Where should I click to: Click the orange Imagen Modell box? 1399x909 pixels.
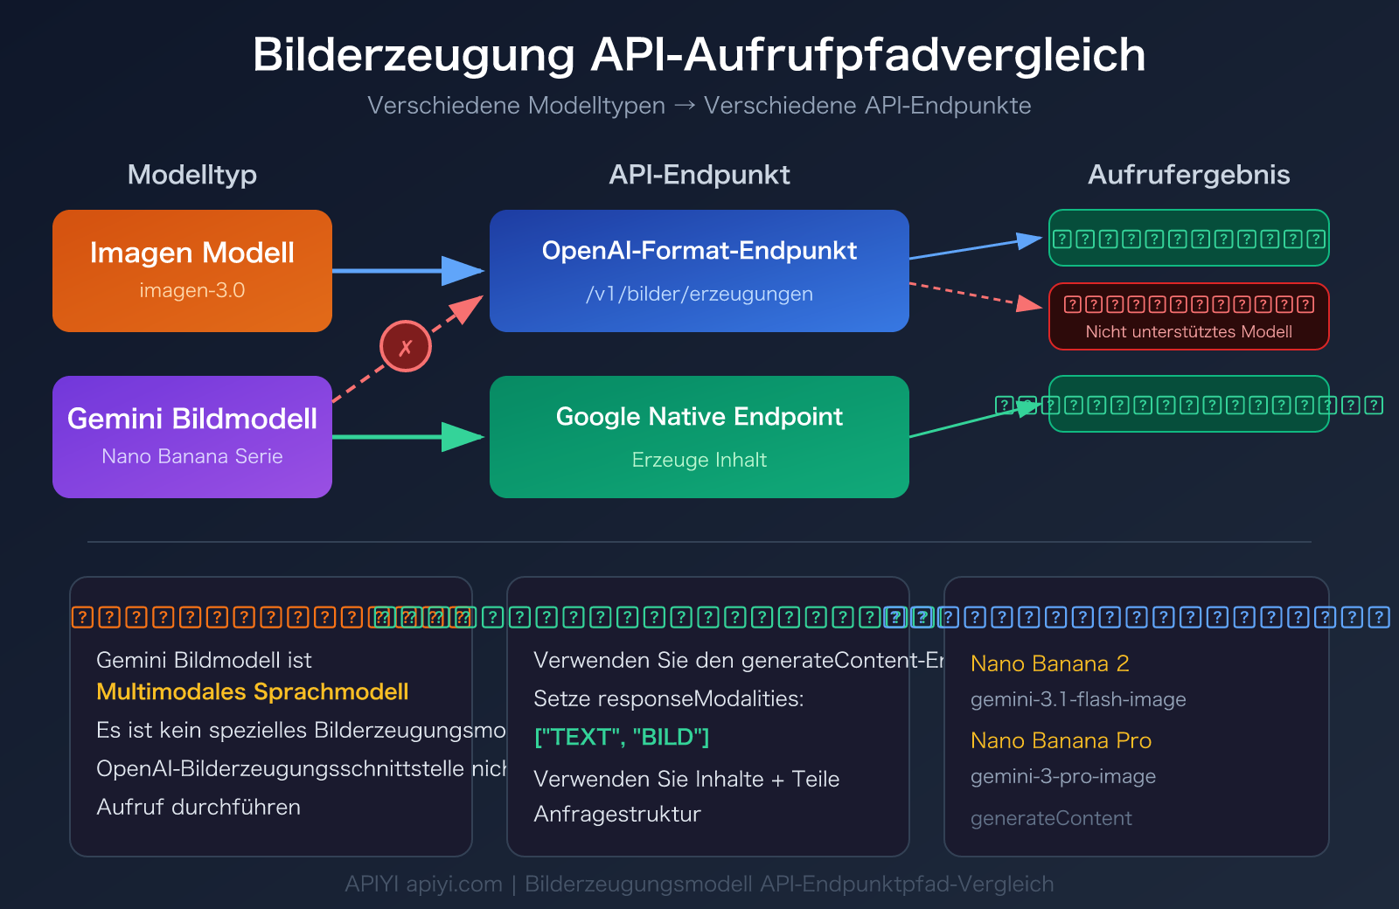point(191,270)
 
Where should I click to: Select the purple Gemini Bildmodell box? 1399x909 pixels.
point(191,436)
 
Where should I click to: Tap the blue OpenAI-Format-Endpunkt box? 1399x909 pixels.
point(699,270)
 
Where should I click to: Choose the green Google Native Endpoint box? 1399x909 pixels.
point(699,436)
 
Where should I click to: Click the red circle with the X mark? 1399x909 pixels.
point(405,346)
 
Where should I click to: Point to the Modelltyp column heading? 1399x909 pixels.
point(191,175)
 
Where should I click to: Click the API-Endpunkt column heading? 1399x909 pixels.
point(699,175)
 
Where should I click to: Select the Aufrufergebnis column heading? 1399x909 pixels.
point(1188,175)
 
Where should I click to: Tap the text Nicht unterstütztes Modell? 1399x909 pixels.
point(1188,332)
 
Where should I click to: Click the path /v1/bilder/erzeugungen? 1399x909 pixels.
point(699,294)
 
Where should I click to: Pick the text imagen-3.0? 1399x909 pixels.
point(191,290)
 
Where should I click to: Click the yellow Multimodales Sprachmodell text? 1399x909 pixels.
point(252,692)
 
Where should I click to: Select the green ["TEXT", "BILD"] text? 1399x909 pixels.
point(621,737)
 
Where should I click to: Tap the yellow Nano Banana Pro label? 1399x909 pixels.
point(1060,740)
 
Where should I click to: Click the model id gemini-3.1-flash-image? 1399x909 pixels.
point(1077,699)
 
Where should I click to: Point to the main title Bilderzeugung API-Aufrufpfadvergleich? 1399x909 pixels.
point(699,54)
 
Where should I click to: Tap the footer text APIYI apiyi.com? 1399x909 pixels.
point(423,884)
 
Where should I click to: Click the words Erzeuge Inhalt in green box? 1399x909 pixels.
point(699,460)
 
